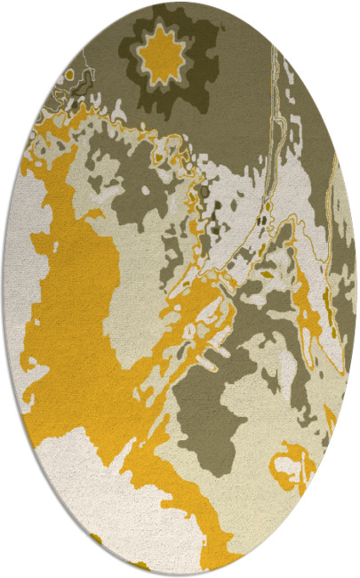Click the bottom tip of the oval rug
coord(180,576)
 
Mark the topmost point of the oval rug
coord(180,2)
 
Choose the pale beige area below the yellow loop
coord(284,525)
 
